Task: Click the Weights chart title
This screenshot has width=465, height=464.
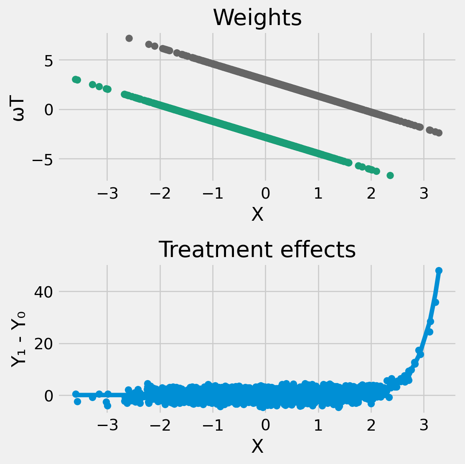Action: (257, 18)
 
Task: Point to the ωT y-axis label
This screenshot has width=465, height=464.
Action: (18, 110)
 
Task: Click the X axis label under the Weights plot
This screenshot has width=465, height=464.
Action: (257, 214)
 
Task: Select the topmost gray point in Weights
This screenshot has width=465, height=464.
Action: (129, 38)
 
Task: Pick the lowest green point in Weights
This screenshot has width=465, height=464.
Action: (390, 175)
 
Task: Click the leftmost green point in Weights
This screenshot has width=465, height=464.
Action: (75, 79)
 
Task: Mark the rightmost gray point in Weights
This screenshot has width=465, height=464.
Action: (439, 133)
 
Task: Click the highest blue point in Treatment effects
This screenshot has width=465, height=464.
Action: (439, 270)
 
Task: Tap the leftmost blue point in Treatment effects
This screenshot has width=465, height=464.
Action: (76, 394)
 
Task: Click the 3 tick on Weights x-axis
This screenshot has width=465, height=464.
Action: (424, 194)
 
